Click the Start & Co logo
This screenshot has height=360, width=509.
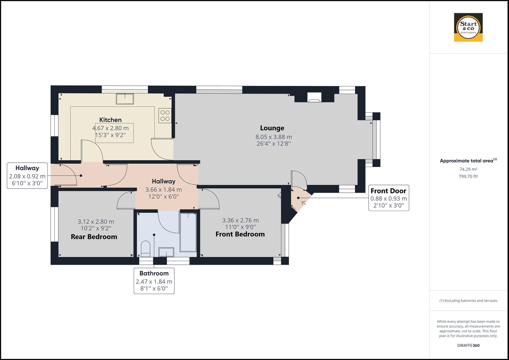click(x=468, y=27)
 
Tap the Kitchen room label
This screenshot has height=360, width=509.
click(x=110, y=120)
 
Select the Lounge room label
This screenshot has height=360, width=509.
click(x=272, y=128)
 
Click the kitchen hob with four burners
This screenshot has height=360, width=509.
click(x=165, y=115)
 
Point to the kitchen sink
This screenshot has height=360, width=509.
click(x=125, y=99)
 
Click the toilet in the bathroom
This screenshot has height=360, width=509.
click(x=146, y=248)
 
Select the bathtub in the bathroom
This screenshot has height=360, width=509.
click(x=188, y=233)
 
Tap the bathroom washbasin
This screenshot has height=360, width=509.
click(x=166, y=252)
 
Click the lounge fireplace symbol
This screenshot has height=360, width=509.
click(x=314, y=99)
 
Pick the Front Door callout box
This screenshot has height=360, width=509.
click(x=388, y=198)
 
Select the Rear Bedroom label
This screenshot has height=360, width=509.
click(x=94, y=237)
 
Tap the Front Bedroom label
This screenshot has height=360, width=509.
click(x=240, y=234)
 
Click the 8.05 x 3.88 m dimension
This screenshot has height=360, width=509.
click(x=273, y=137)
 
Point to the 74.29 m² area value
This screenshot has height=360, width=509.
click(x=468, y=169)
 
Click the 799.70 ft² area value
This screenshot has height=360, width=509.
click(x=468, y=177)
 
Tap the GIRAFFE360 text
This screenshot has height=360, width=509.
click(x=468, y=345)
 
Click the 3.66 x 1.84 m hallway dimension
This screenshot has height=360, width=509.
click(x=163, y=190)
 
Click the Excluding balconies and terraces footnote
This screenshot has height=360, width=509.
click(x=468, y=301)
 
